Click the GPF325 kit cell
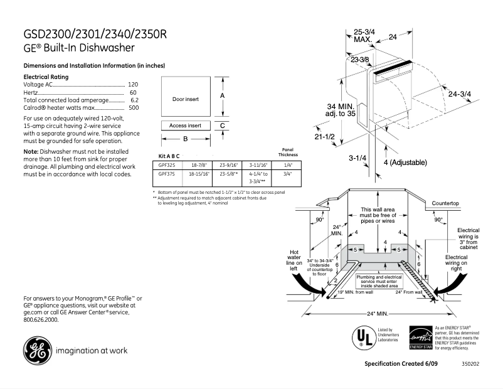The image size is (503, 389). click(166, 166)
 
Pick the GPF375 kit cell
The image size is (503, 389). click(166, 174)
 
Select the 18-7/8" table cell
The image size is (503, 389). click(197, 166)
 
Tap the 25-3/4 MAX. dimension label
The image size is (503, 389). click(364, 35)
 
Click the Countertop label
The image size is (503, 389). click(445, 204)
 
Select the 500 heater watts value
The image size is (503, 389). click(133, 108)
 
